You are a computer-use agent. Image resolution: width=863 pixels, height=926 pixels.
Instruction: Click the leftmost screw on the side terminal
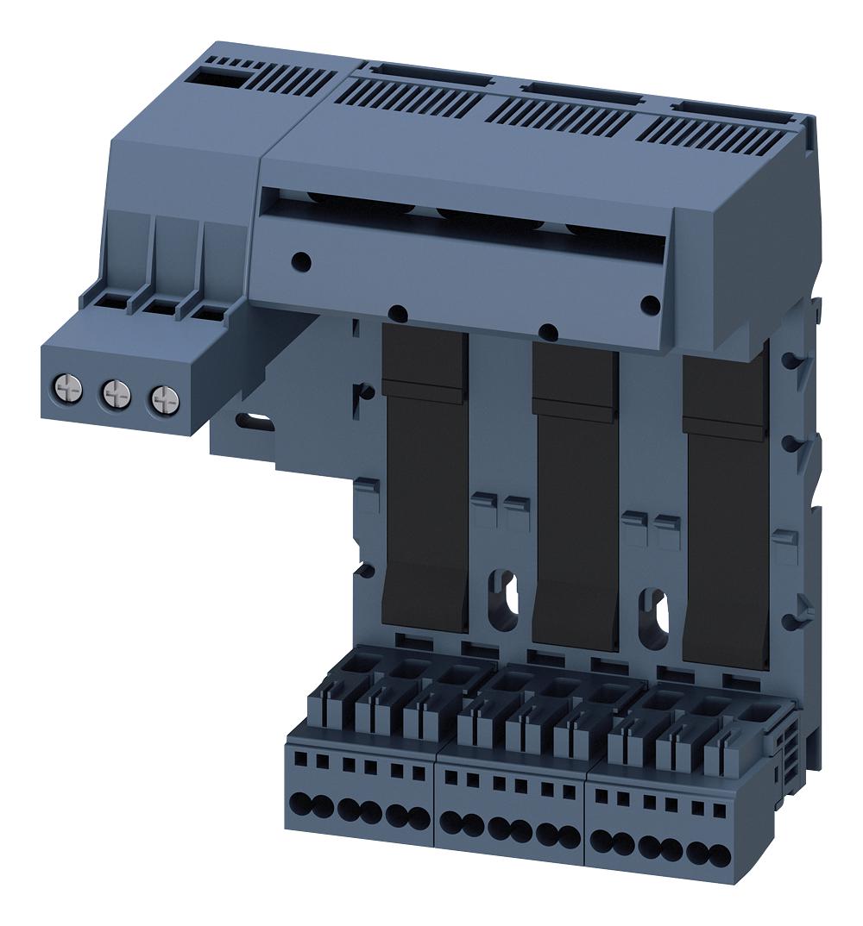click(x=67, y=385)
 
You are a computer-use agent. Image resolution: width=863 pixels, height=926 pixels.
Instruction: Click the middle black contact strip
click(x=576, y=500)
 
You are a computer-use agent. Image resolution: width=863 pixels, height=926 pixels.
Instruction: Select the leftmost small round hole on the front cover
click(x=299, y=258)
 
